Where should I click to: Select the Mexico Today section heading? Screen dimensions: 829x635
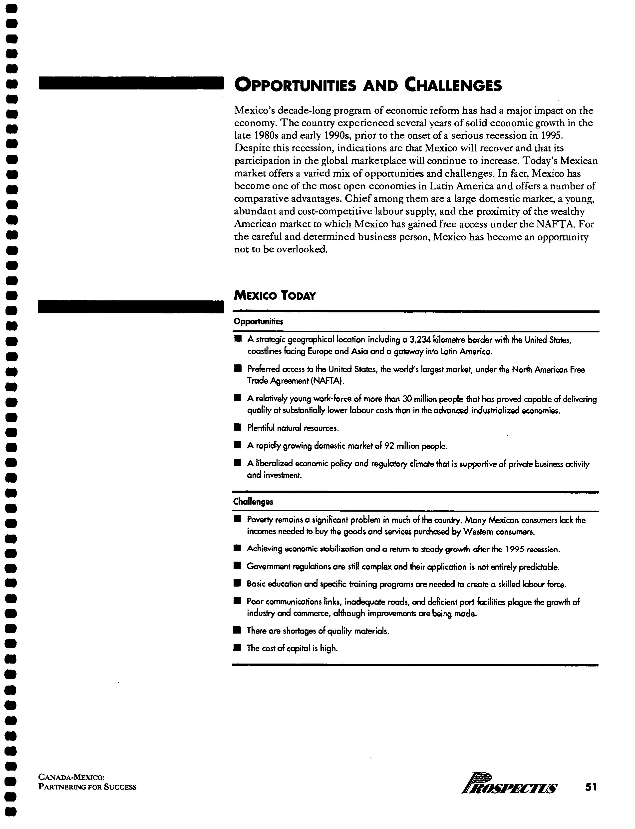[x=275, y=295]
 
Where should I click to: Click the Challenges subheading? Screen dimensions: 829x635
[x=253, y=502]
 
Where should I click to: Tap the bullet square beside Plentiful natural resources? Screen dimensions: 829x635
[x=237, y=427]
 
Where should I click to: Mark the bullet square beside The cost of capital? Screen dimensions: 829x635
[x=237, y=648]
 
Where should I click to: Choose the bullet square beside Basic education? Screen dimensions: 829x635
[x=237, y=584]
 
